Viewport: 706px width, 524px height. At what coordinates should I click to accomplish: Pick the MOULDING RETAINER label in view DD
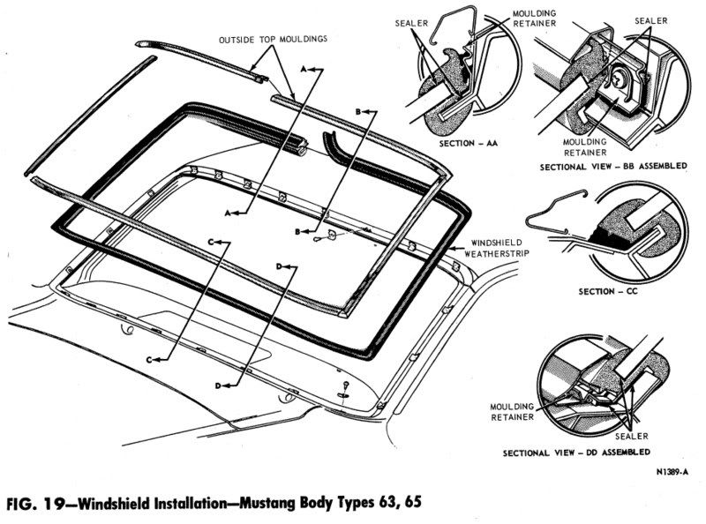tap(508, 410)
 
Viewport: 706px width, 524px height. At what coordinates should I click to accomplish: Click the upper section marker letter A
tap(305, 67)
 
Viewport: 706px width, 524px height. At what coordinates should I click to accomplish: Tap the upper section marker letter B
tap(359, 112)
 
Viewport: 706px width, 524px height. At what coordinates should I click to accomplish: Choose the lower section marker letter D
tap(217, 385)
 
